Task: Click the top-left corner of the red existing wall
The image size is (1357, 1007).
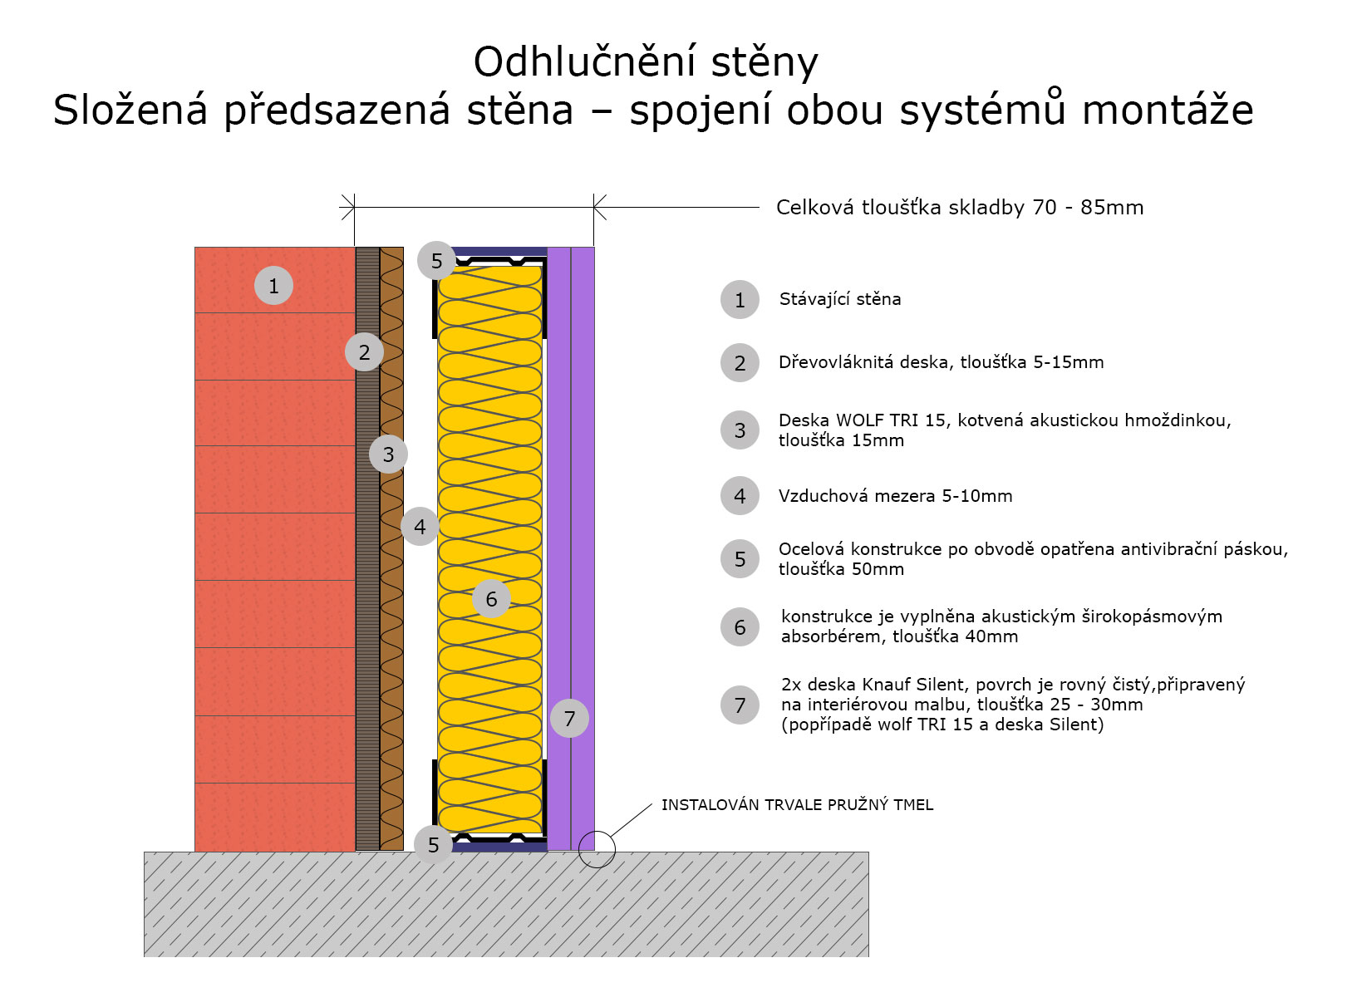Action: click(x=195, y=247)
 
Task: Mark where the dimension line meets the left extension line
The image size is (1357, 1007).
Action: click(x=354, y=208)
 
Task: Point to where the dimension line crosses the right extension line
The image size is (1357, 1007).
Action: click(x=593, y=208)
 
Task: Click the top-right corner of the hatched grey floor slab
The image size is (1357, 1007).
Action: click(x=868, y=852)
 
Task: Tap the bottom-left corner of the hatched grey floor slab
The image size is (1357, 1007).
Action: click(x=145, y=956)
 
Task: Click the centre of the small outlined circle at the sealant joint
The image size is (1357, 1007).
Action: click(x=597, y=849)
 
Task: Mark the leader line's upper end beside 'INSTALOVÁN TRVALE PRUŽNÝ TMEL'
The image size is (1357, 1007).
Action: click(x=652, y=804)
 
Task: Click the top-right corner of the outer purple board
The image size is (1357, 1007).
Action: click(x=594, y=247)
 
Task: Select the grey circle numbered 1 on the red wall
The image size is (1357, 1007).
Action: click(x=273, y=286)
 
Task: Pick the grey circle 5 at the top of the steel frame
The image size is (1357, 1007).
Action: click(x=436, y=261)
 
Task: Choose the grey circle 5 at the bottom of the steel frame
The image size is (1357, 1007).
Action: click(x=433, y=844)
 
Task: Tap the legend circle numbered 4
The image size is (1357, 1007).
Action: click(x=740, y=495)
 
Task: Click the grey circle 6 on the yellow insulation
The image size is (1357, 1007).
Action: click(x=491, y=598)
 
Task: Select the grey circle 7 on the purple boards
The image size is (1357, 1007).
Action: click(x=569, y=718)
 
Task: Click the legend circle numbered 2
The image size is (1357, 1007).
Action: click(x=740, y=363)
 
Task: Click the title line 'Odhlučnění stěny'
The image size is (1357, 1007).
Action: click(x=646, y=62)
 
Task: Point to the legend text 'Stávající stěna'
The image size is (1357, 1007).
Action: click(x=840, y=299)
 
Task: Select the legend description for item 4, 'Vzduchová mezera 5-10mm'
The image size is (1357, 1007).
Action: click(x=895, y=495)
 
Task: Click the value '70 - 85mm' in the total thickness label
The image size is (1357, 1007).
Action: click(x=1088, y=208)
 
